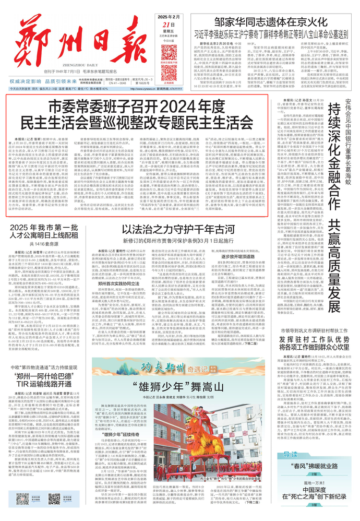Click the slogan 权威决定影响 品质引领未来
47,81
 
